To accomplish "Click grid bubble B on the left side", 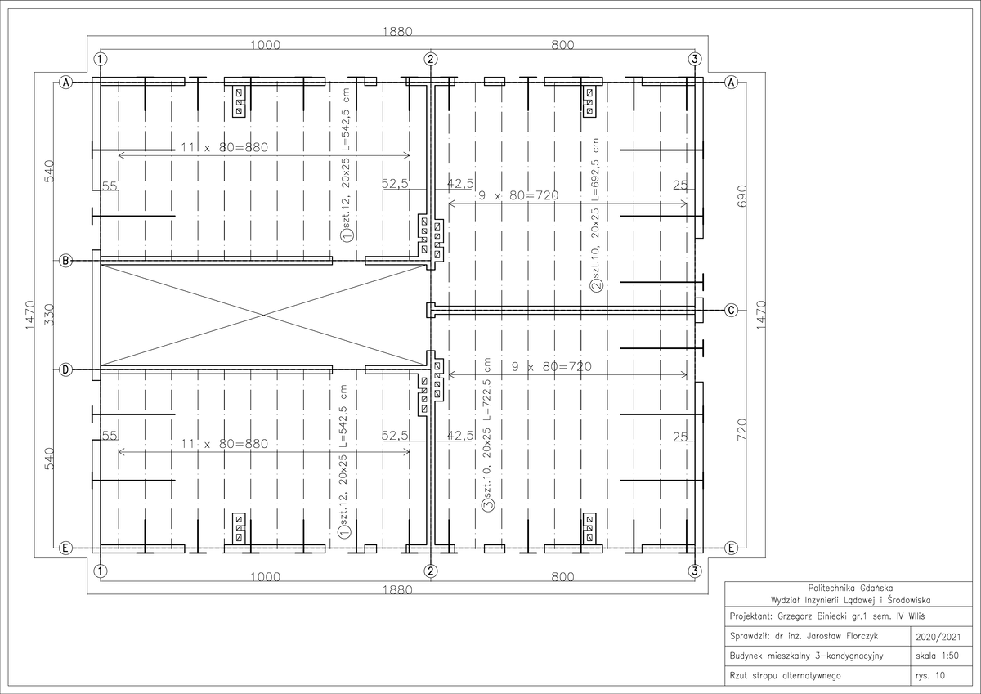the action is click(65, 261).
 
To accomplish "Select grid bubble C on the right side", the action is click(731, 311).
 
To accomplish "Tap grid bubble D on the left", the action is click(65, 370).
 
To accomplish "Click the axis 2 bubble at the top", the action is click(431, 59).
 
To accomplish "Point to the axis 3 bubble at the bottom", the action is click(695, 571).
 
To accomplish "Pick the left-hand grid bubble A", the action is click(65, 82).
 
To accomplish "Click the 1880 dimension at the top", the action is click(397, 32).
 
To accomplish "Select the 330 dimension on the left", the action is click(50, 315).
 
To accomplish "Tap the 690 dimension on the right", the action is click(742, 195).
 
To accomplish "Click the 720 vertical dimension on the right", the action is click(742, 429).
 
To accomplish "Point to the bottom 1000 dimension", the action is click(265, 576).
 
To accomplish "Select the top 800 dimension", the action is click(562, 45).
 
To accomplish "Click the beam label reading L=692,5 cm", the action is click(595, 169).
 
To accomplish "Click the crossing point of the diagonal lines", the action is click(263, 315).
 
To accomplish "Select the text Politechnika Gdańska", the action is click(850, 588).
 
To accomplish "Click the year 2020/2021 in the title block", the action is click(938, 637).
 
